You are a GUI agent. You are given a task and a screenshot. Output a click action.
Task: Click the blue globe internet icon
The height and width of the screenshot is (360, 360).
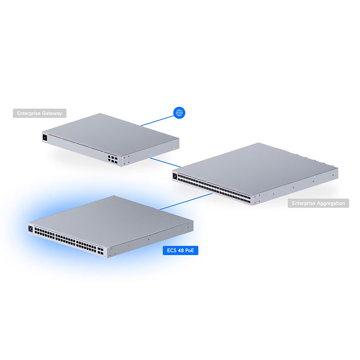[x=179, y=112]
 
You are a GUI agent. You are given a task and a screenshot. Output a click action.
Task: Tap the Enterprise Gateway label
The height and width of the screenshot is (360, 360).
[x=40, y=113]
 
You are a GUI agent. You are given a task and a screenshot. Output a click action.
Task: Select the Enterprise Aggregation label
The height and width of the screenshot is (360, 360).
[x=319, y=203]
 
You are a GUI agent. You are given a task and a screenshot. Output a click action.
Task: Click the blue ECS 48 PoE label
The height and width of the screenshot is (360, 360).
[x=180, y=250]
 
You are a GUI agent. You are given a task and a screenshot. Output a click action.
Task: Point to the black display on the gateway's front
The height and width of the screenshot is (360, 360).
[x=45, y=138]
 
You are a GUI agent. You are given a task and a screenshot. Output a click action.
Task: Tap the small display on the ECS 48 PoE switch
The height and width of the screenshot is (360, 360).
[x=31, y=228]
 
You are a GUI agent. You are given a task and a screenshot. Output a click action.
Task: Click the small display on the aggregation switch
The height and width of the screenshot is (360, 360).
[x=175, y=176]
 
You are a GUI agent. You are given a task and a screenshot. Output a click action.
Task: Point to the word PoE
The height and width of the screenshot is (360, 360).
[x=190, y=250]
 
